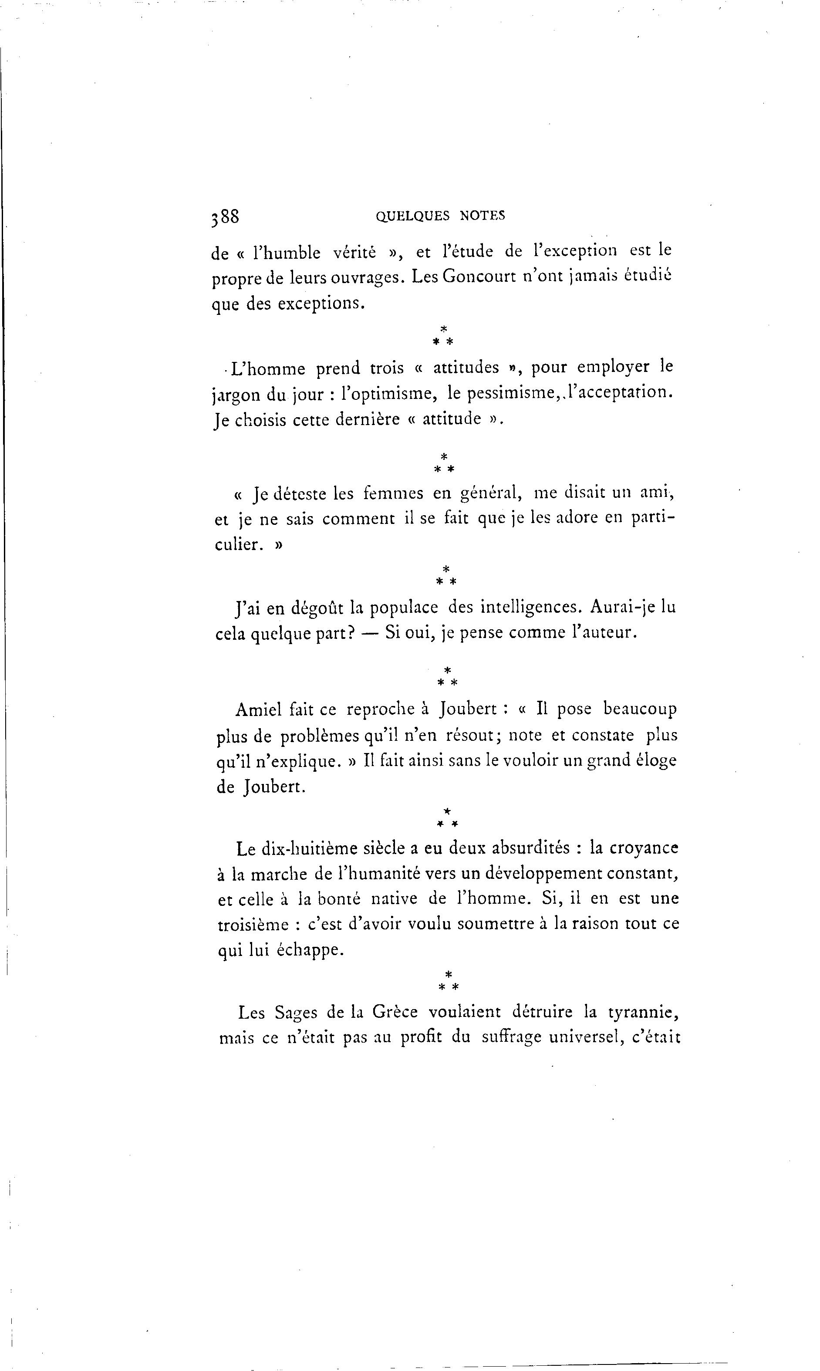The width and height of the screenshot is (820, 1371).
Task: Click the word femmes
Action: pyautogui.click(x=393, y=493)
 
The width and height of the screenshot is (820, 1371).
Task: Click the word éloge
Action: pyautogui.click(x=656, y=761)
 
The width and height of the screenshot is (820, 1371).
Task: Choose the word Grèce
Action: pyautogui.click(x=395, y=1013)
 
